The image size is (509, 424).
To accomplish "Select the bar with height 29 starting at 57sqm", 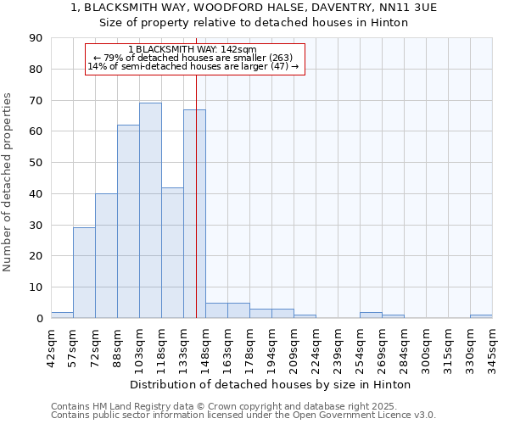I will point(84,272).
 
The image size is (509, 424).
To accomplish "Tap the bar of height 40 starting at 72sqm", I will point(106,255).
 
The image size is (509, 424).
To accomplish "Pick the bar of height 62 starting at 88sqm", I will point(128,221).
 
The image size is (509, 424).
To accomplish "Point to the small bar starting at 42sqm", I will point(62,315).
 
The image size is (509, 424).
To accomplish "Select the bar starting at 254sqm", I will point(371,315).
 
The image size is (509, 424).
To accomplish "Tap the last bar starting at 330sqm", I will point(481,316).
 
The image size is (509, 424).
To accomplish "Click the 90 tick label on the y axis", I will point(36,38).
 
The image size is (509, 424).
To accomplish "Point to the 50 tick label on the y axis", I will point(36,163).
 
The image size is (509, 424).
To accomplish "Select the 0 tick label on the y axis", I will point(39,319).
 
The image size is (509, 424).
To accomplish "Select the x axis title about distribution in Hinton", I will point(271,384).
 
